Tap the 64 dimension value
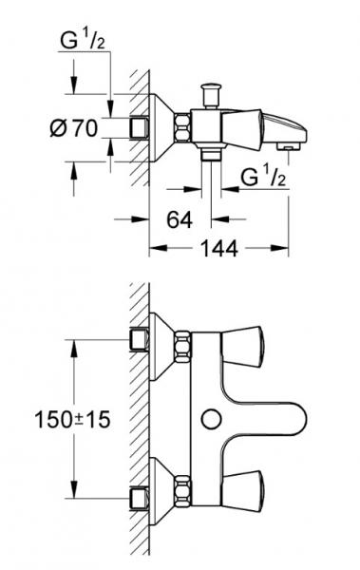click(179, 218)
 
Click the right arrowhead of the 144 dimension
click(284, 250)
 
